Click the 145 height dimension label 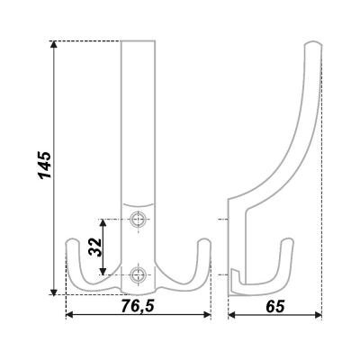(x=46, y=166)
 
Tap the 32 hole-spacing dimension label (x=95, y=247)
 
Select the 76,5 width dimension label (x=138, y=306)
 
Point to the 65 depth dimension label (x=274, y=306)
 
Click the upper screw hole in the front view (x=138, y=220)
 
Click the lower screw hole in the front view (x=138, y=274)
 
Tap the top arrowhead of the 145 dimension (x=54, y=44)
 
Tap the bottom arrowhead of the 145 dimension (x=54, y=292)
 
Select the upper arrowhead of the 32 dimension (x=103, y=223)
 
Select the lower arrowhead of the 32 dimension (x=103, y=271)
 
